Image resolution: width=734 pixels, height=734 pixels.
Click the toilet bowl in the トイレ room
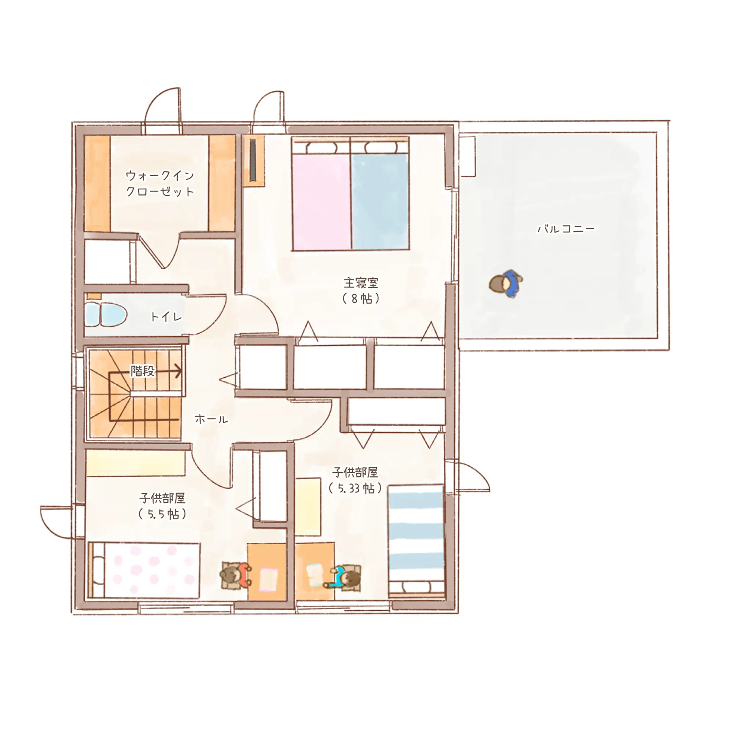tap(106, 315)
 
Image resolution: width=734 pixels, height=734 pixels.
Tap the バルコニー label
tap(566, 229)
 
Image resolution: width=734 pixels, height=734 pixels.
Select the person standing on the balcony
tap(506, 283)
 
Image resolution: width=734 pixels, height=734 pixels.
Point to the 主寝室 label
tap(361, 283)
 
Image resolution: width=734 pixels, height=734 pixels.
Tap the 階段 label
tap(143, 371)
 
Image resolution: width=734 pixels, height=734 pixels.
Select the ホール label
tap(211, 419)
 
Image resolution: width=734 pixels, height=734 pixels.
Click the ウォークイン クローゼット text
tap(160, 183)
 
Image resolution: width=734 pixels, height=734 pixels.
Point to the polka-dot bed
tap(144, 570)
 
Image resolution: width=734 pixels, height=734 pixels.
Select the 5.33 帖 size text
tap(355, 488)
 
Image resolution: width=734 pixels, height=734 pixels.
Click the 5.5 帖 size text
tap(162, 515)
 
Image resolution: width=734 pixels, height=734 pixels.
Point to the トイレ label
tap(166, 316)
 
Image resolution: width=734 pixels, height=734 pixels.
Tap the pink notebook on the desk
tap(268, 579)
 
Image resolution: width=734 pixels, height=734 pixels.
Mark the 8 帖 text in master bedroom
tap(361, 299)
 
